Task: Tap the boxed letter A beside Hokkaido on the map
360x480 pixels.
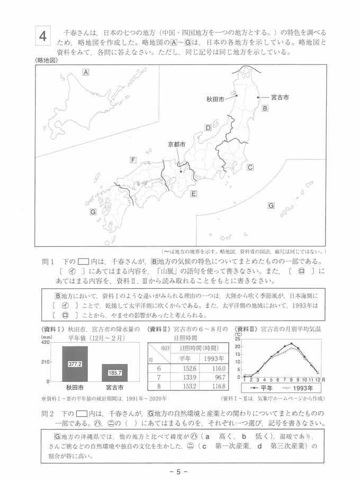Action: [85, 72]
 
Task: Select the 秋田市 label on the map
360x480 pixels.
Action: [217, 99]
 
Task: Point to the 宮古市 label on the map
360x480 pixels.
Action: [280, 97]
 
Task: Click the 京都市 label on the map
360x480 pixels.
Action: [176, 144]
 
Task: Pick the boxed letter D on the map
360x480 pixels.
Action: [208, 128]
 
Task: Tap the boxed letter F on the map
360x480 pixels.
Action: [133, 159]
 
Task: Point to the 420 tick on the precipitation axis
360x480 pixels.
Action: [46, 342]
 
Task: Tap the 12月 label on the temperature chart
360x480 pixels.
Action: [321, 380]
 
